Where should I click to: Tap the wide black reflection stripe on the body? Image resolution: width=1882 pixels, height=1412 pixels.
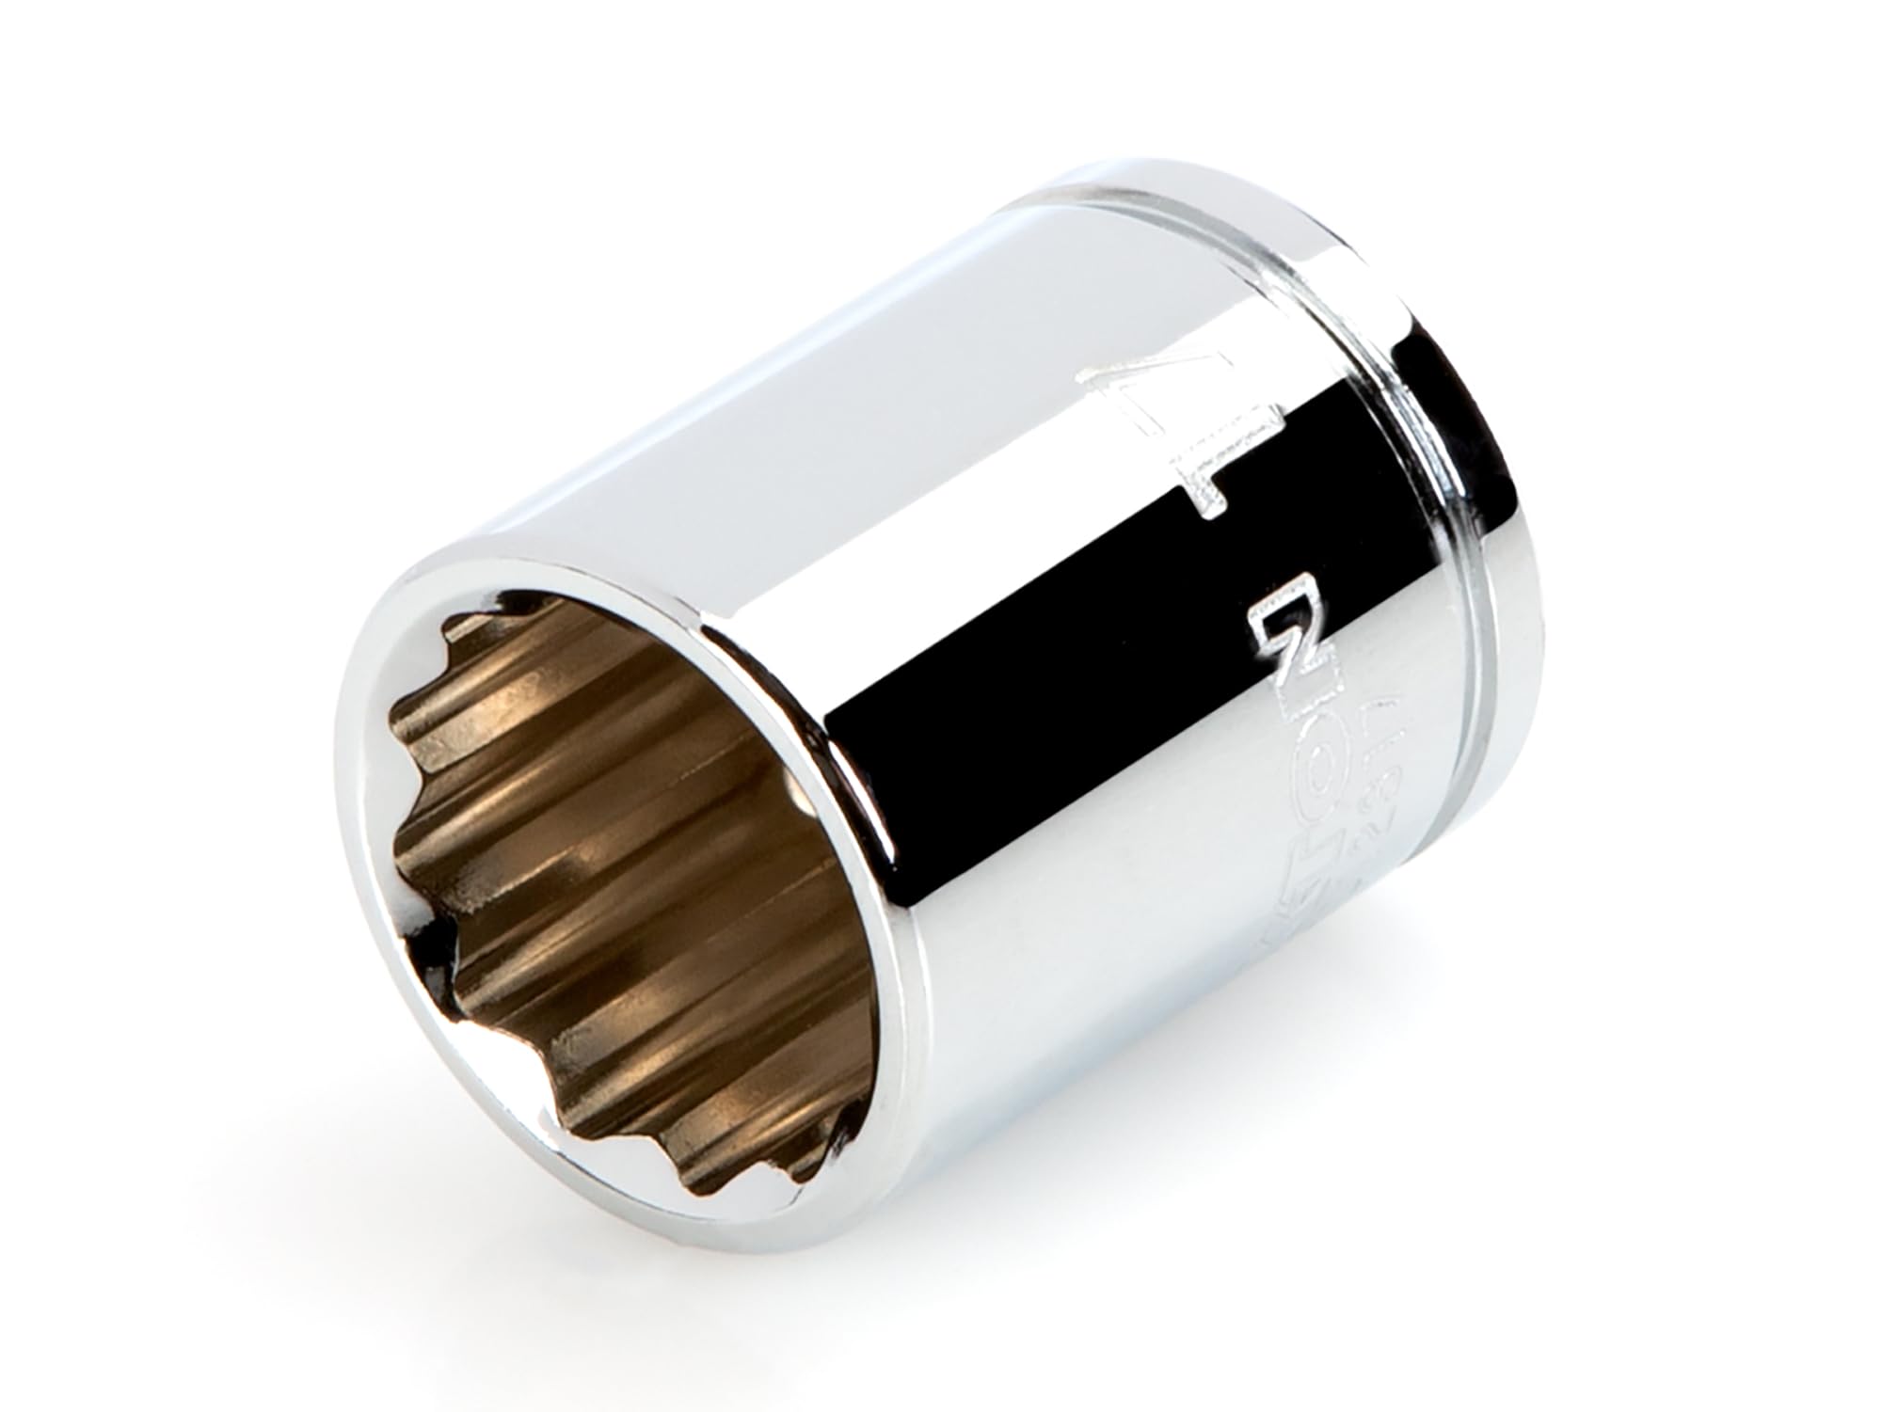point(1082,649)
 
